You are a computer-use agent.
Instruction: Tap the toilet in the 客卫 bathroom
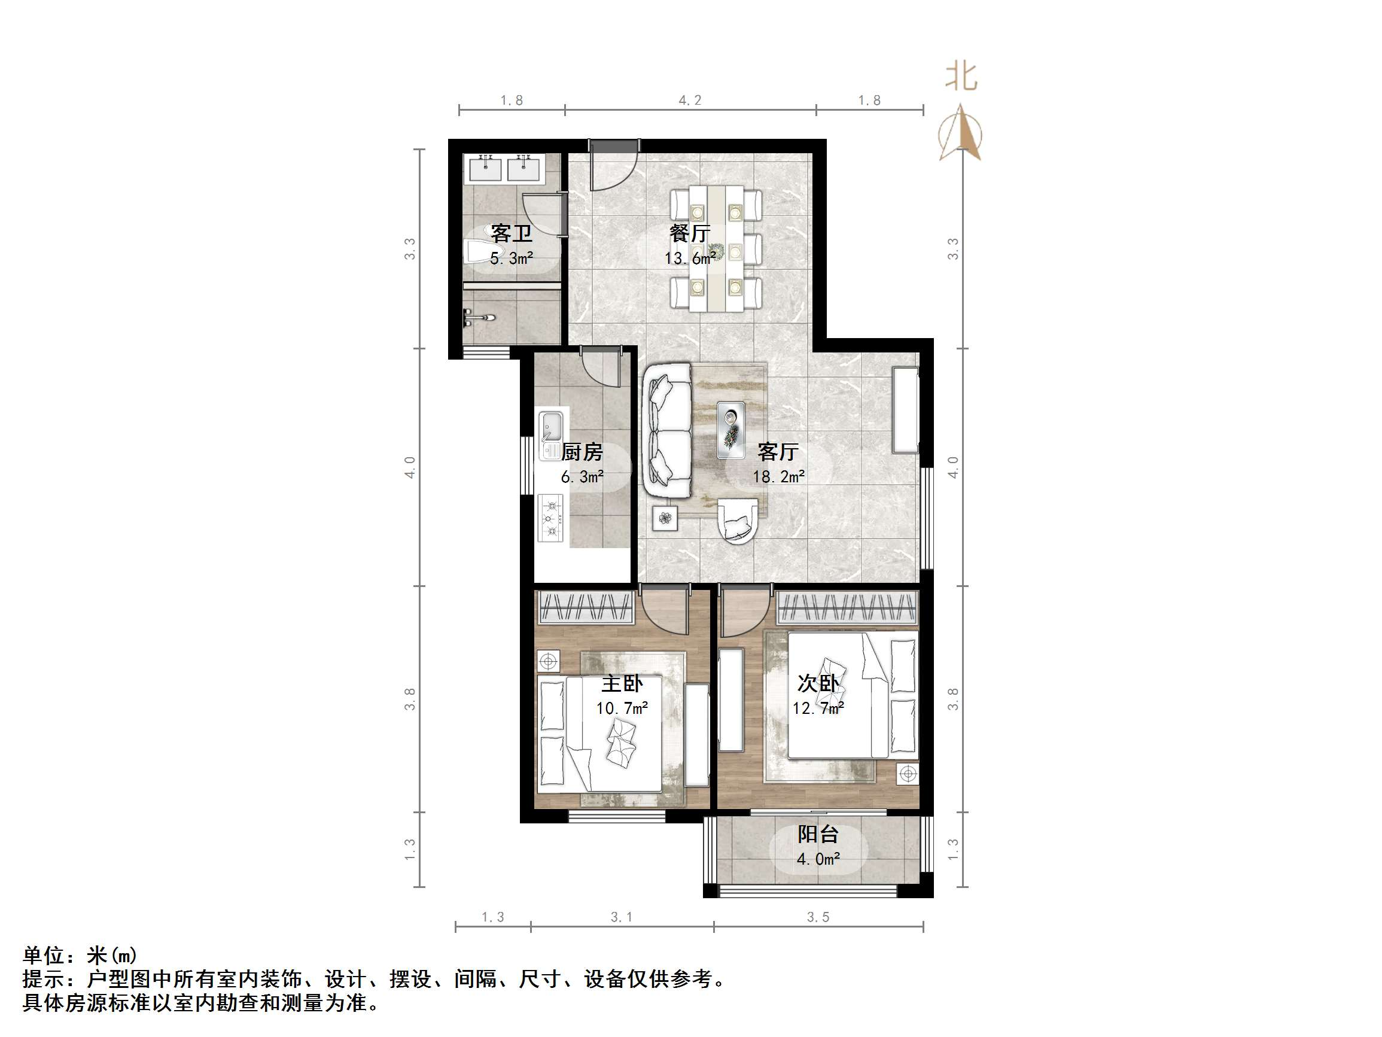[479, 251]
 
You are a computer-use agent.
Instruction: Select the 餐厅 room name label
[690, 233]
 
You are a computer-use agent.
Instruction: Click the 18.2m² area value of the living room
[778, 477]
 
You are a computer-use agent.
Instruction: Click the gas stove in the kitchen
[550, 518]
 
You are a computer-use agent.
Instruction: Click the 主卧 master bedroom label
[622, 684]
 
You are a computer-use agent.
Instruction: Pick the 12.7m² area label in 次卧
[818, 708]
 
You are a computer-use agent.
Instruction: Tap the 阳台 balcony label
[818, 834]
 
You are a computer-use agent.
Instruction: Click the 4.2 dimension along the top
[690, 100]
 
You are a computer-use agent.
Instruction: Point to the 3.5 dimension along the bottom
[818, 917]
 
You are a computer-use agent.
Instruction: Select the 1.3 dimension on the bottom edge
[492, 917]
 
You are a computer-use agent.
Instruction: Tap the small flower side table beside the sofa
[665, 518]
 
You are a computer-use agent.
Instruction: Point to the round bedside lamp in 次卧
[908, 774]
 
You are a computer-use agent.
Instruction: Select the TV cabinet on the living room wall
[905, 409]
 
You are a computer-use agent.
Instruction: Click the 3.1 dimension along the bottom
[622, 917]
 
